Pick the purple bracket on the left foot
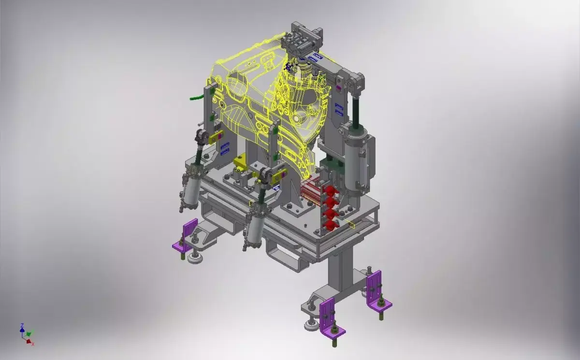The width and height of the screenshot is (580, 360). click(x=185, y=237)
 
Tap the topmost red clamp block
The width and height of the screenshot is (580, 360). click(x=330, y=190)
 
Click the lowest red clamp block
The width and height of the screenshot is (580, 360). click(x=330, y=224)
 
